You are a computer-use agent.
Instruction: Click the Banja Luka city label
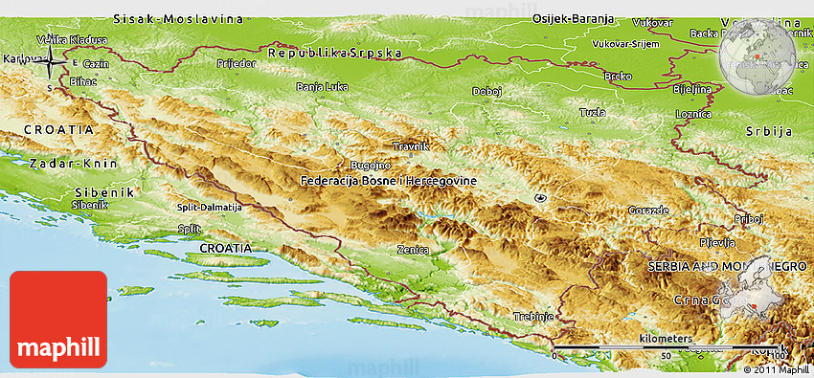tap(322, 87)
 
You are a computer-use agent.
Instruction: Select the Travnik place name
tap(411, 146)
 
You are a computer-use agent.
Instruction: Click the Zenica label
tap(412, 249)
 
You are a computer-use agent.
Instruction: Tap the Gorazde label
tap(648, 210)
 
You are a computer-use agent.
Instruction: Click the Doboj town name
tap(486, 92)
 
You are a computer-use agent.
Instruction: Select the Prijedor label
tap(237, 63)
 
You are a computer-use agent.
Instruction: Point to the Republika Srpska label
tap(334, 54)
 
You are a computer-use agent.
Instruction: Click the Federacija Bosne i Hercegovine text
tap(388, 180)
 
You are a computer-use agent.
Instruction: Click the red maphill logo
tap(58, 320)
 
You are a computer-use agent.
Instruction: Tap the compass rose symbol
tap(52, 63)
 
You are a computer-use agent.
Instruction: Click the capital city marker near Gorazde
tap(541, 198)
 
